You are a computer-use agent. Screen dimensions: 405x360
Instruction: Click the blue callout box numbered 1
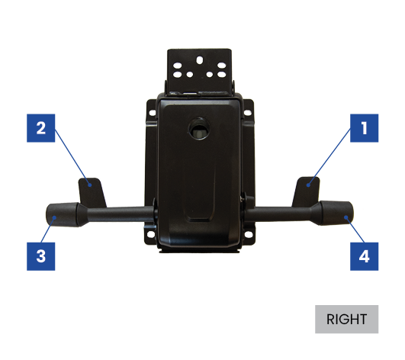click(364, 128)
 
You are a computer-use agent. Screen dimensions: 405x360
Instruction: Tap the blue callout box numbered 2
click(41, 128)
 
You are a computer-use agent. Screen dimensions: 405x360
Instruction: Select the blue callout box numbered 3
click(41, 256)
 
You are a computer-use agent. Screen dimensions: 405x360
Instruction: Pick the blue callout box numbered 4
click(364, 256)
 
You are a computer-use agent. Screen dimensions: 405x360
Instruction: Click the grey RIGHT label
click(346, 320)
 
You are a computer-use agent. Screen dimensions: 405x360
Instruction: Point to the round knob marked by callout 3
click(62, 215)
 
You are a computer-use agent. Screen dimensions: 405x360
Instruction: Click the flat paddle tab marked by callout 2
click(92, 192)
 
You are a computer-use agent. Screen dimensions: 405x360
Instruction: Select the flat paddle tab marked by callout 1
click(307, 191)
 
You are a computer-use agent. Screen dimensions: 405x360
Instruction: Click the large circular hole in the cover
click(199, 128)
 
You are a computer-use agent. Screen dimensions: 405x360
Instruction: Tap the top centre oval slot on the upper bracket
click(199, 60)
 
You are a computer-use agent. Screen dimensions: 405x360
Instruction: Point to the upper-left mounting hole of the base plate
click(153, 113)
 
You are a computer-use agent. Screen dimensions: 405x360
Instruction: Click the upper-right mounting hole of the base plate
click(247, 113)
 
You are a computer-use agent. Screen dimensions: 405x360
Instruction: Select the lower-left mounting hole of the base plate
click(150, 234)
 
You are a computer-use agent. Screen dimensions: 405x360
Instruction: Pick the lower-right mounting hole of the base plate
click(248, 234)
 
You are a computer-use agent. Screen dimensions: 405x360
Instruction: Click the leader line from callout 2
click(72, 158)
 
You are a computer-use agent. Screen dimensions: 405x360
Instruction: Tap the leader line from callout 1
click(329, 157)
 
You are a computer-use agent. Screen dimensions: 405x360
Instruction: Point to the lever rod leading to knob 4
click(279, 213)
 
